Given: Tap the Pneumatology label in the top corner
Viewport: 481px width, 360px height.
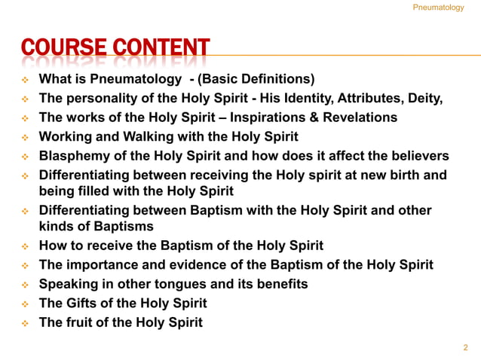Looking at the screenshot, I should (x=439, y=8).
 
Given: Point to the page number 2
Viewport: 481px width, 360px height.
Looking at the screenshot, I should (x=465, y=348).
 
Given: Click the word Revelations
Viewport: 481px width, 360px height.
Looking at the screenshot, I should (x=359, y=118).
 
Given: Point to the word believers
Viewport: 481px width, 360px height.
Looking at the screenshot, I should (x=418, y=156).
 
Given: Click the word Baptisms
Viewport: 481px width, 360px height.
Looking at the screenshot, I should (x=118, y=226).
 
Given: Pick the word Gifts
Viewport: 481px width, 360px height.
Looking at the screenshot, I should (x=83, y=304).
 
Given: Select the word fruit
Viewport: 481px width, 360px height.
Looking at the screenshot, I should (x=80, y=322).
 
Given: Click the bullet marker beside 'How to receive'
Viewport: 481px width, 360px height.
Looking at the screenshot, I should (x=23, y=246).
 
